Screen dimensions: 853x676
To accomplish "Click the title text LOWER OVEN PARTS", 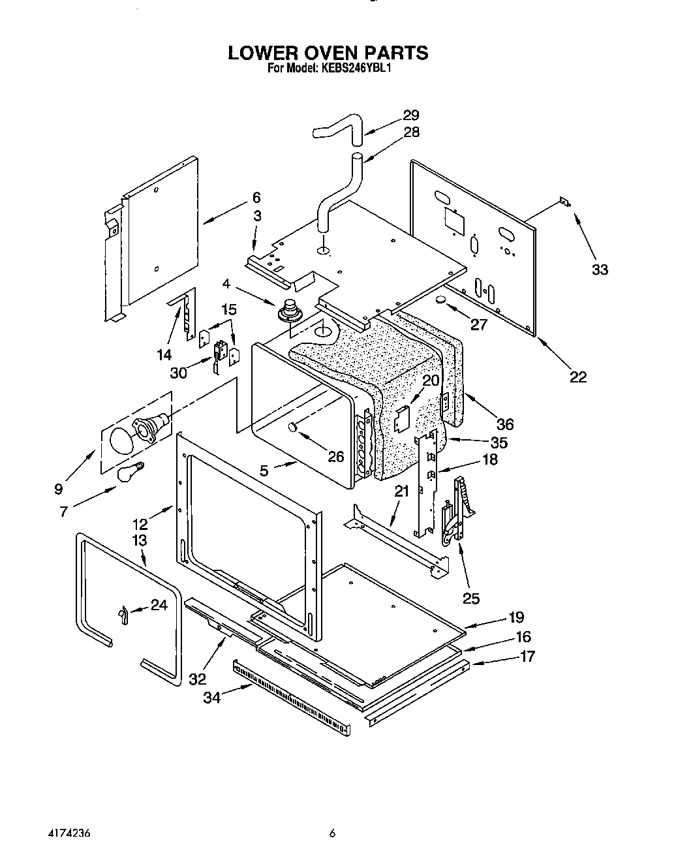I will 328,52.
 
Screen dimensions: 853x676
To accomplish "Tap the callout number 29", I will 410,116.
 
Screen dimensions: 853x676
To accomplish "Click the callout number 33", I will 599,269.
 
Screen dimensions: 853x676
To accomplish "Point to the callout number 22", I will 577,377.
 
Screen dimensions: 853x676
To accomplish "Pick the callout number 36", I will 505,424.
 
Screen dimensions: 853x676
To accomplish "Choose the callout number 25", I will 470,598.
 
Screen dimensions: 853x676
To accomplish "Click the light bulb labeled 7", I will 130,472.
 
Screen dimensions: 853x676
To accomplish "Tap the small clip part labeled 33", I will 564,203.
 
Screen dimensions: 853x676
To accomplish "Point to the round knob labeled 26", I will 293,427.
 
